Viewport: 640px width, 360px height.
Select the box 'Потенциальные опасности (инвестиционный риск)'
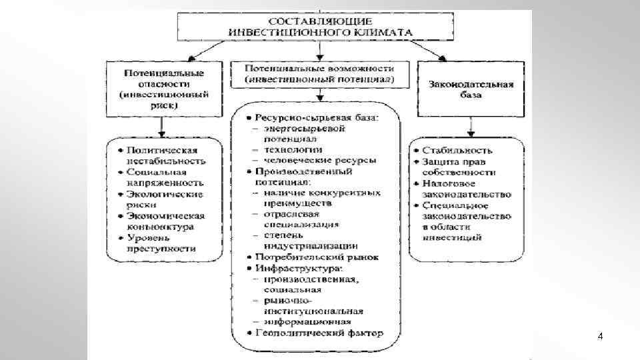pos(164,89)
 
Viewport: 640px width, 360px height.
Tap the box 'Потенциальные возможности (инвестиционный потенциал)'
pos(319,74)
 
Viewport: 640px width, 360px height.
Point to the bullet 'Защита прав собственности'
pos(461,167)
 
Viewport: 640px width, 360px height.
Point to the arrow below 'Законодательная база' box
pos(471,126)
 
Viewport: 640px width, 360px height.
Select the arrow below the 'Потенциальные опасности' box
pos(160,126)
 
